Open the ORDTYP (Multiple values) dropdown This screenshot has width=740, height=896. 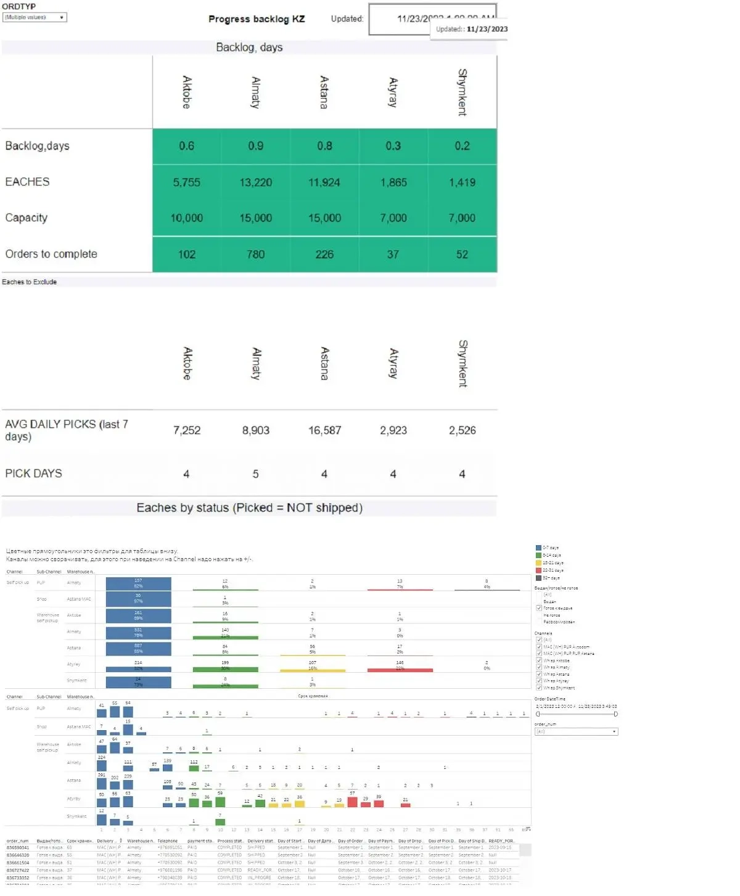[35, 17]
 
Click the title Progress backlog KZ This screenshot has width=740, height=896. [257, 19]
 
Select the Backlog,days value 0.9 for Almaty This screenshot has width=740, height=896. [255, 146]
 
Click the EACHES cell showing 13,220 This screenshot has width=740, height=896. [255, 183]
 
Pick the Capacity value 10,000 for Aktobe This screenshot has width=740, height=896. [186, 218]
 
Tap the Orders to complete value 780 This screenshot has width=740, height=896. [255, 255]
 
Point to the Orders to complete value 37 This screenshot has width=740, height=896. [393, 255]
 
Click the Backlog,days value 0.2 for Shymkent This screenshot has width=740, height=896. [462, 146]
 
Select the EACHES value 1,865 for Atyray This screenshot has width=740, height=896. [393, 183]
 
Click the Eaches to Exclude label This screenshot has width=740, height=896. [29, 282]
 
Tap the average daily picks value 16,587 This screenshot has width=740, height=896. [324, 430]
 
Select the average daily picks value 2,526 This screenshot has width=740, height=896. [462, 430]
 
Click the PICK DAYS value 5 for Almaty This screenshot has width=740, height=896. [255, 474]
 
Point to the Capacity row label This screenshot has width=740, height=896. [27, 218]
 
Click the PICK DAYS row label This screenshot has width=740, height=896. [34, 474]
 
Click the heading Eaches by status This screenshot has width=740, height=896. [249, 508]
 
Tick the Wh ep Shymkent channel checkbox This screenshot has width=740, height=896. [539, 688]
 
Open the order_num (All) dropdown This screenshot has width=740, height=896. [576, 732]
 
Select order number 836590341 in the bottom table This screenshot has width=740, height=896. [18, 848]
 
